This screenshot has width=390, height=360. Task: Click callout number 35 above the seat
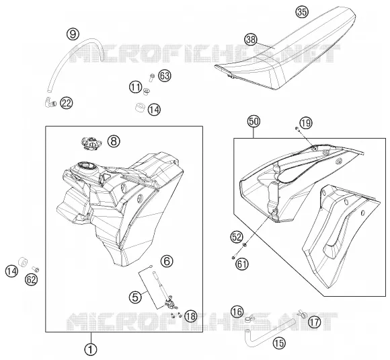(302, 11)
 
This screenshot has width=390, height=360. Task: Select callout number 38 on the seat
(251, 40)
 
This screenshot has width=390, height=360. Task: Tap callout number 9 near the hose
(73, 34)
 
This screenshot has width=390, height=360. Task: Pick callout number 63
(165, 75)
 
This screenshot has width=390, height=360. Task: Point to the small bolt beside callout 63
(152, 77)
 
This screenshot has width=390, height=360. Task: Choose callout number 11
(136, 87)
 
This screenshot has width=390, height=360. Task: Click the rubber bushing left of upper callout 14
(140, 108)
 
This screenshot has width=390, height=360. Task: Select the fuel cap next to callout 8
(91, 143)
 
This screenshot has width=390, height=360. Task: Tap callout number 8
(114, 141)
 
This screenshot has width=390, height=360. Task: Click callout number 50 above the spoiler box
(253, 122)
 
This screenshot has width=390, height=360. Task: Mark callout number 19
(306, 123)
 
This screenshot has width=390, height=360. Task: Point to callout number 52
(237, 237)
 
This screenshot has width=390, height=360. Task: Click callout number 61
(242, 264)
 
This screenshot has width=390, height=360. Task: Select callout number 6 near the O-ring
(167, 261)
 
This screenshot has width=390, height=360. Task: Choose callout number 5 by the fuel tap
(136, 297)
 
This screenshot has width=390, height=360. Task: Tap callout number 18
(191, 316)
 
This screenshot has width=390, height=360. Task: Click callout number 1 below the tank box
(91, 350)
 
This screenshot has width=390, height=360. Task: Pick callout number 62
(32, 280)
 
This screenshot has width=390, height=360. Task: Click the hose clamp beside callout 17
(302, 313)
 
